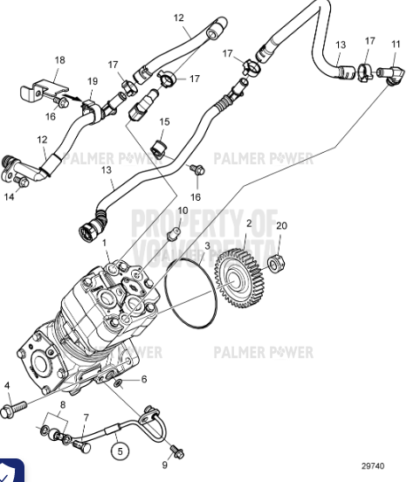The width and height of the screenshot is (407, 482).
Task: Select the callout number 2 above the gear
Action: coord(248,224)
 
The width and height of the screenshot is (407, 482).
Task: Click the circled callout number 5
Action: coord(121,451)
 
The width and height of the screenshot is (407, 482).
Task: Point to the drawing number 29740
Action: coord(372,467)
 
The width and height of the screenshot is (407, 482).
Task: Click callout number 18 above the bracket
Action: coord(59,60)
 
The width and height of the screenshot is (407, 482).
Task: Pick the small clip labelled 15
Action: coord(158,146)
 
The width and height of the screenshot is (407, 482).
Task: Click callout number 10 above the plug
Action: coord(183,211)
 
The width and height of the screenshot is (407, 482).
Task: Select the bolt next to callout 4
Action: coord(18,407)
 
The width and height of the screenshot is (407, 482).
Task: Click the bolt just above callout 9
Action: coord(178,451)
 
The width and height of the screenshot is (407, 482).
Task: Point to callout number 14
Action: coord(9,197)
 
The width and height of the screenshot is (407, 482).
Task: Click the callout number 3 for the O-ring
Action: coord(206,247)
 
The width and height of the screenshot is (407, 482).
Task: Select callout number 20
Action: coord(280,225)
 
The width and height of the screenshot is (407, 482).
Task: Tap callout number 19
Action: coord(92,81)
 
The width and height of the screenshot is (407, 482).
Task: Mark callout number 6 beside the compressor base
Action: coord(143,380)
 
